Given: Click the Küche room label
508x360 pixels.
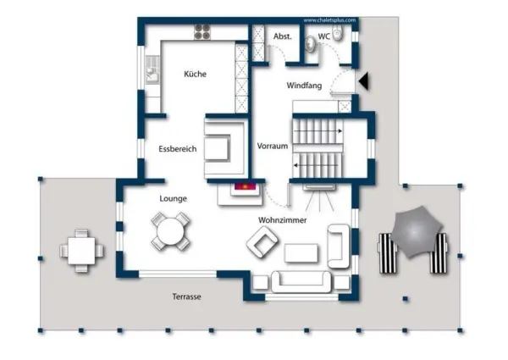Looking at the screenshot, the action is coord(195,74).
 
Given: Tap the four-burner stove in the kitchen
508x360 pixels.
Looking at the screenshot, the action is coord(202,32).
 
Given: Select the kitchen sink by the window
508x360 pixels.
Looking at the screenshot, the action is coord(152,69).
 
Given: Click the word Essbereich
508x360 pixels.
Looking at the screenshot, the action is coord(178,149).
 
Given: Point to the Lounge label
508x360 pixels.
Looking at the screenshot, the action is coord(173,198).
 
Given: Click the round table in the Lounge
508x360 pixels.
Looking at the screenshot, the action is coord(170,231).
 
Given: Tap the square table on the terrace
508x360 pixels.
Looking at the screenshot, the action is coord(81,251).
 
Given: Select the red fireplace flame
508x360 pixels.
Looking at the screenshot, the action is coord(245,186).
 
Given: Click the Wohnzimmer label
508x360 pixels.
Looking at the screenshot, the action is coord(283,220).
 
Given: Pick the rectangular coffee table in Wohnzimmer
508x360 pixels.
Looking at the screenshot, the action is coord(301,252).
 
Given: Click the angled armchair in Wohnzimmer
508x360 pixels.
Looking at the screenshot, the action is coord(262,242).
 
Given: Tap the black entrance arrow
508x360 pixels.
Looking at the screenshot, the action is coord(363,81).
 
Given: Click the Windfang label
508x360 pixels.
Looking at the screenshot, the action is coord(304,86).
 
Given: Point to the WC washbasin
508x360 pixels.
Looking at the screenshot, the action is coord(311,44).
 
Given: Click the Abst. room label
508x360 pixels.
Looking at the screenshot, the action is coord(283,36).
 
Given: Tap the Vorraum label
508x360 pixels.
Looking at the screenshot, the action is coord(273,146).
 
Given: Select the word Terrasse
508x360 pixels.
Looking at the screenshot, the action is coord(186,296).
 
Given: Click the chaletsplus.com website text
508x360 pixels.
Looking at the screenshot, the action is coord(329,20).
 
